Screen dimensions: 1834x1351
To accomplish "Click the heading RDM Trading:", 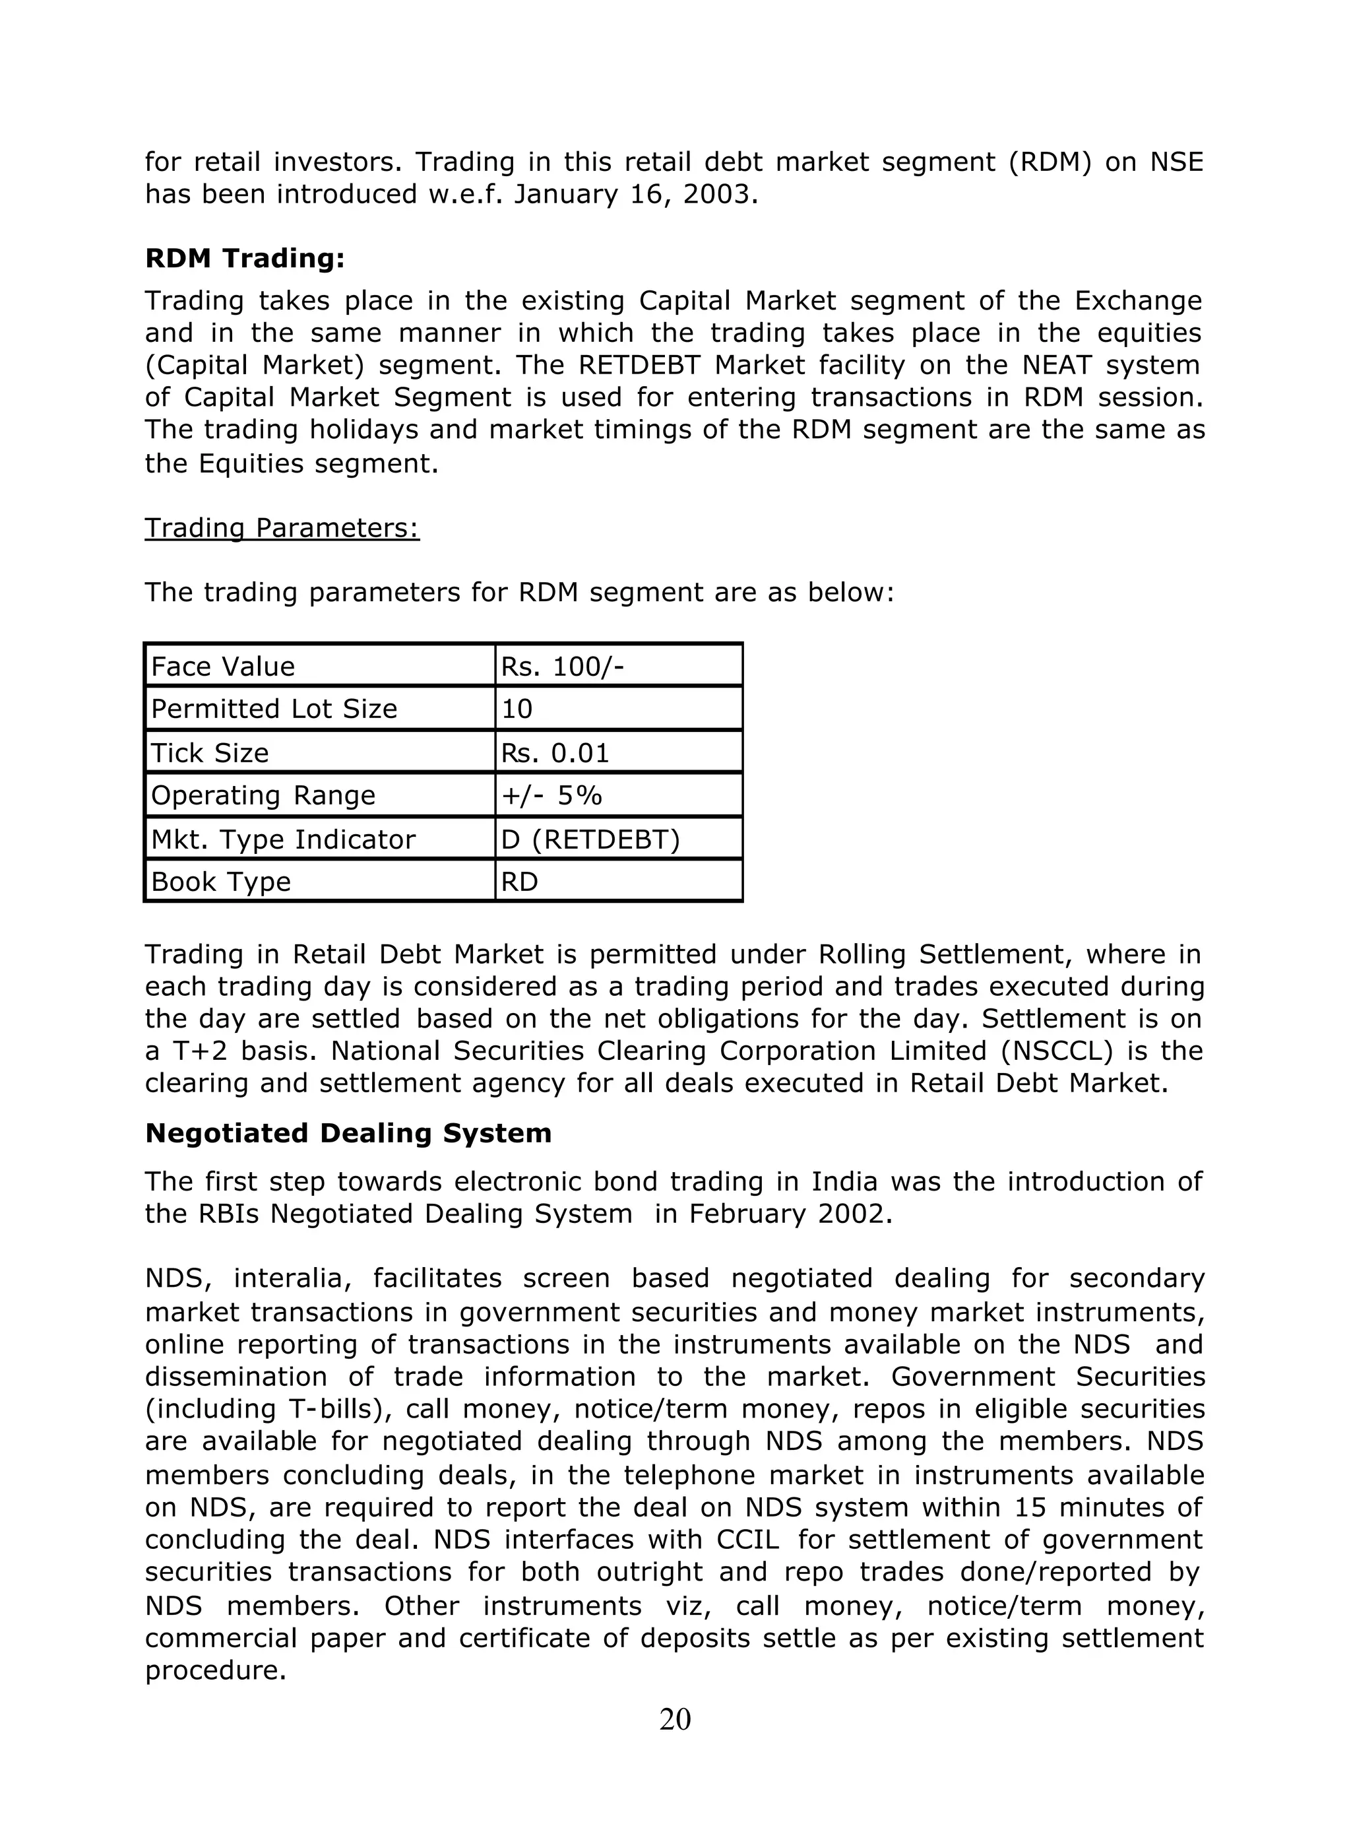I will (x=245, y=259).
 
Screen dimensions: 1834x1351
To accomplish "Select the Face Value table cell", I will (x=222, y=667).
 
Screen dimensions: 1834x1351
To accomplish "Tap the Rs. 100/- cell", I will (x=563, y=667).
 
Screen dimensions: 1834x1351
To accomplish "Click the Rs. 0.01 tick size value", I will (x=555, y=752).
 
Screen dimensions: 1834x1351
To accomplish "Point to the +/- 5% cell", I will (x=551, y=795).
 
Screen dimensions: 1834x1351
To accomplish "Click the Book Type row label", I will (x=221, y=882).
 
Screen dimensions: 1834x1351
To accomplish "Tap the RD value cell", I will (x=519, y=882).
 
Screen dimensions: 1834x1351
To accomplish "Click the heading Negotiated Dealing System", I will (x=348, y=1133).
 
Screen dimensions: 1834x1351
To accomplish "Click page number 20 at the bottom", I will (x=675, y=1720).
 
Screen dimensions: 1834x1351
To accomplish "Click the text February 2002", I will (x=788, y=1214).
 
